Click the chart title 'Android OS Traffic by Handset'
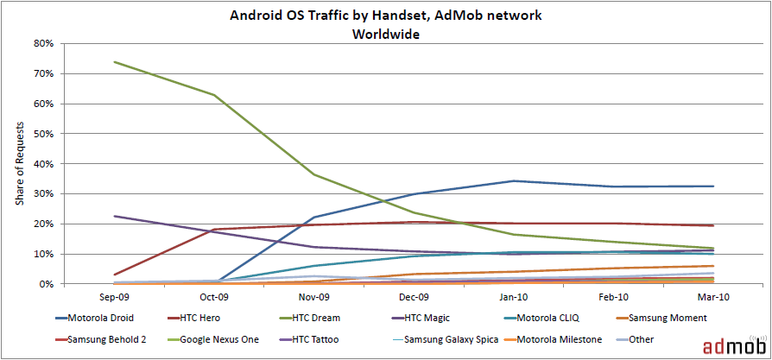[x=385, y=16]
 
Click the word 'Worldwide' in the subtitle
[x=385, y=35]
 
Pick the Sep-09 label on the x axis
[x=114, y=296]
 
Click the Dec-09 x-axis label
[x=414, y=296]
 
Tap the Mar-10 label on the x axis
[x=713, y=296]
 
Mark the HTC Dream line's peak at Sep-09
[x=114, y=62]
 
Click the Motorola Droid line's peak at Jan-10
[x=514, y=180]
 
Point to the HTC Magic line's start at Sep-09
[x=114, y=216]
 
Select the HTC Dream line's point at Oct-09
[x=214, y=95]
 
